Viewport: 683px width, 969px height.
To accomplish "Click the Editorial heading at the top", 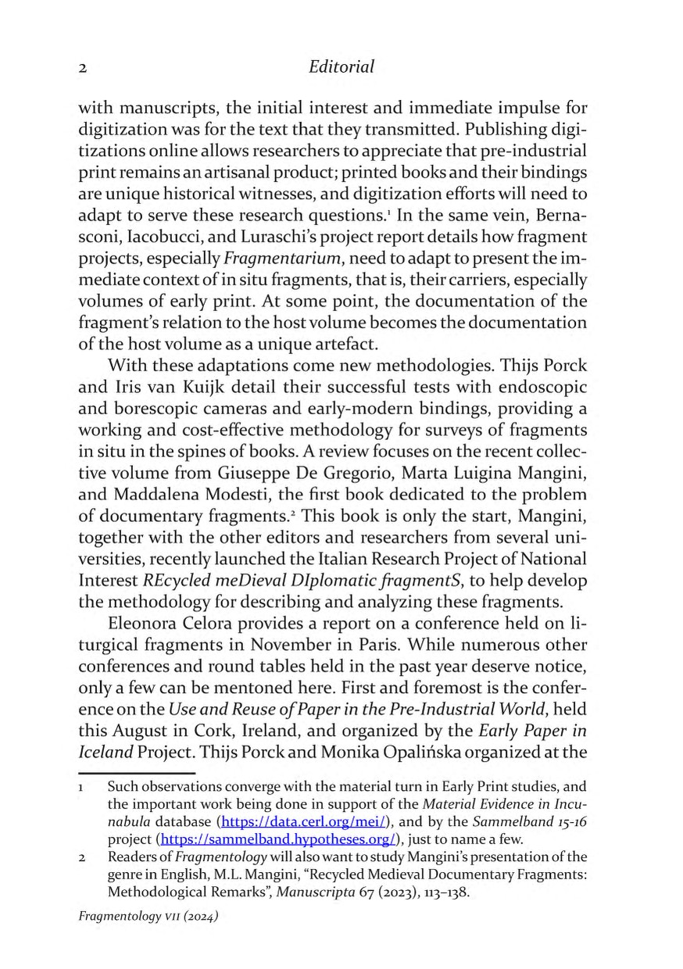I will tap(341, 67).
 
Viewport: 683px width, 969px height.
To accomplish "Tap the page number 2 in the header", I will tap(82, 69).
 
